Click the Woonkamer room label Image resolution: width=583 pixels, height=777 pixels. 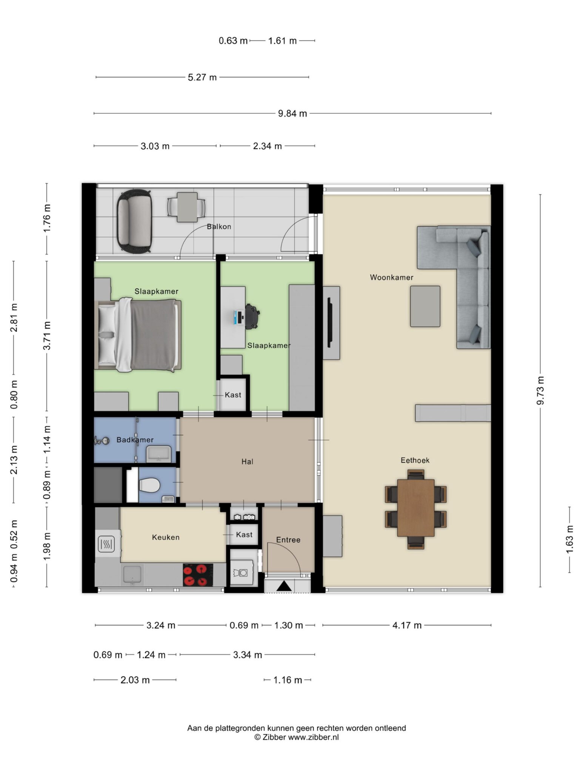pyautogui.click(x=391, y=277)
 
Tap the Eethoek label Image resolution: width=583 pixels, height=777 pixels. pyautogui.click(x=415, y=460)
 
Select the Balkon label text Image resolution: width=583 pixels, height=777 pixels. pyautogui.click(x=219, y=227)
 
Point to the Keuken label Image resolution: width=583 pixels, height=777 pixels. pyautogui.click(x=166, y=537)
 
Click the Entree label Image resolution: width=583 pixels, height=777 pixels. pyautogui.click(x=288, y=540)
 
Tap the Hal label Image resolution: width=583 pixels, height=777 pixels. pyautogui.click(x=248, y=461)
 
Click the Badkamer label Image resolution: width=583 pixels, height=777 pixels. pyautogui.click(x=135, y=440)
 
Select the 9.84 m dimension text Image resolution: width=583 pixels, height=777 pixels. pyautogui.click(x=292, y=113)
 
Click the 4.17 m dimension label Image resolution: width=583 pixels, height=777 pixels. pyautogui.click(x=407, y=625)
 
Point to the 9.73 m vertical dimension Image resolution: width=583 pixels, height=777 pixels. pyautogui.click(x=540, y=390)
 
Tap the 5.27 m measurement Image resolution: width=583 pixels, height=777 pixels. pyautogui.click(x=202, y=77)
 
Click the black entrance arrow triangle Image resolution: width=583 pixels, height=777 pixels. pyautogui.click(x=284, y=586)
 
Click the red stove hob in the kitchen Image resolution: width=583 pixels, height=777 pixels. pyautogui.click(x=198, y=575)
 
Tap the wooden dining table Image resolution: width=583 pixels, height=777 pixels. pyautogui.click(x=416, y=507)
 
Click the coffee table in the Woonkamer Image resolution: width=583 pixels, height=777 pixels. pyautogui.click(x=425, y=306)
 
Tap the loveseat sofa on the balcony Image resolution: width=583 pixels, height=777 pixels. pyautogui.click(x=134, y=221)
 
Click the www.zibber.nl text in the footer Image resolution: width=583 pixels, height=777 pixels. pyautogui.click(x=314, y=737)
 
